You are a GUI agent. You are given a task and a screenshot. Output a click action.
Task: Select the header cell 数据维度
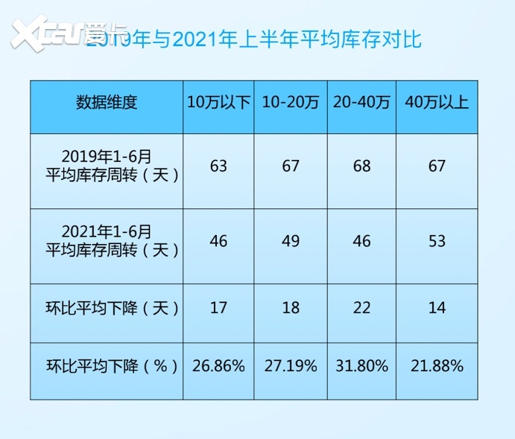point(107,103)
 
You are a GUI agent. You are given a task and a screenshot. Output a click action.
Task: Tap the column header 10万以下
point(218,103)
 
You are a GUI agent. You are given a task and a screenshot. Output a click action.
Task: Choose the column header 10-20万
point(290,103)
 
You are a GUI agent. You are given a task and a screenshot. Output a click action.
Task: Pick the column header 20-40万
point(362,103)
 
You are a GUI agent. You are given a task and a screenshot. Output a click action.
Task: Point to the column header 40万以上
point(437,103)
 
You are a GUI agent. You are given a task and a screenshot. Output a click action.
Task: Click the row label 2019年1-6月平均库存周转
point(107,166)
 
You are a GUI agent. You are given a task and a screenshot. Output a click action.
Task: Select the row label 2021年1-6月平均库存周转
point(107,241)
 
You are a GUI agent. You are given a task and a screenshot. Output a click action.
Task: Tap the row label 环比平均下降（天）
point(107,307)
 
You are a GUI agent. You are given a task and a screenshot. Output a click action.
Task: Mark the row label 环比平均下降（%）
point(107,366)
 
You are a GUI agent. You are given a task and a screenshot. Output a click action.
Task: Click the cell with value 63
point(218,166)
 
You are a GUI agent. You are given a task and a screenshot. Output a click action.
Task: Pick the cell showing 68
point(362,166)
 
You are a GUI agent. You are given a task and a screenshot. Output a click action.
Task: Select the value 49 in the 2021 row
point(290,241)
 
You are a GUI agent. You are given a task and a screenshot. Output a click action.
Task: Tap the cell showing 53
point(437,241)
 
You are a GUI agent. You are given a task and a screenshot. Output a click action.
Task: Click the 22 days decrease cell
point(362,307)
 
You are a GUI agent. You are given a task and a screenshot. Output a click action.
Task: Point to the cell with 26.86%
point(218,366)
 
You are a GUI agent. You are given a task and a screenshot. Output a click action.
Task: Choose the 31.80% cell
point(362,366)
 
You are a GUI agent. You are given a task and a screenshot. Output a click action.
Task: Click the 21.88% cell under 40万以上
point(437,366)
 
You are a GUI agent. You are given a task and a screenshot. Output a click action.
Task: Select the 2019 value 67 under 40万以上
point(437,166)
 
